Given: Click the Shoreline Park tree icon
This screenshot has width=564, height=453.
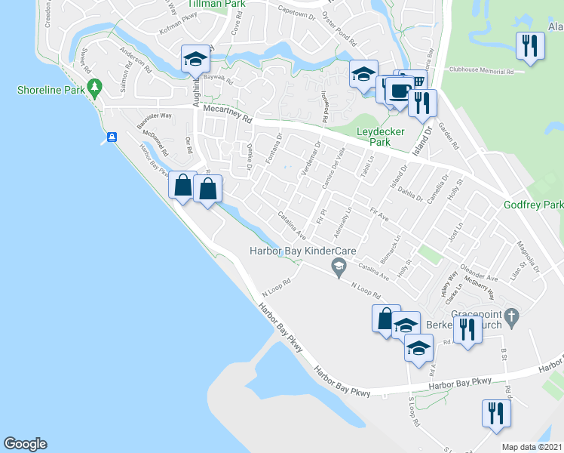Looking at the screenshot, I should [x=94, y=89].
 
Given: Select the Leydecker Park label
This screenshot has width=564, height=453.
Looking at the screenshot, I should [x=379, y=136].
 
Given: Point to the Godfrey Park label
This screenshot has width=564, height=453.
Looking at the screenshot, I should [x=533, y=205].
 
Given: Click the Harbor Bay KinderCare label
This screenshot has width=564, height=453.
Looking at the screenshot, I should [x=303, y=251].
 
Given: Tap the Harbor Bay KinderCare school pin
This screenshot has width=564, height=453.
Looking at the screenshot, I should [x=339, y=265].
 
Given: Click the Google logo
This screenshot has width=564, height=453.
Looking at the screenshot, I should [x=25, y=444].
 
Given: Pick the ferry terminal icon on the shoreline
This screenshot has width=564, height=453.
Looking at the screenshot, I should [x=112, y=137].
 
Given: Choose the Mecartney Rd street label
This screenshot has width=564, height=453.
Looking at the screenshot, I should [x=227, y=114].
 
